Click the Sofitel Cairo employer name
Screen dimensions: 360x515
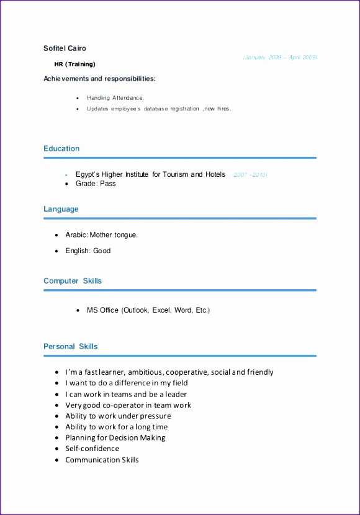coord(65,48)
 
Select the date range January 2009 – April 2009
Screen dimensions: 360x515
coord(280,57)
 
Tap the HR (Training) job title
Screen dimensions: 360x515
coord(74,64)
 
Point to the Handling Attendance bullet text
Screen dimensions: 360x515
coord(115,98)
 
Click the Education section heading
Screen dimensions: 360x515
coord(61,149)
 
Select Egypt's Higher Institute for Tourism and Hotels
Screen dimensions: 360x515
coord(150,175)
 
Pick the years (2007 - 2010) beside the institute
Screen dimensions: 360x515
coord(250,176)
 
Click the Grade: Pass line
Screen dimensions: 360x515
coord(96,184)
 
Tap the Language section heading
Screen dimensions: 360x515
coord(61,209)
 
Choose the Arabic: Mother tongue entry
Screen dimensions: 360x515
coord(102,235)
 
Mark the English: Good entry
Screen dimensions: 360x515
coord(88,251)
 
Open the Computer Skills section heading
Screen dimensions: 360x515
coord(73,281)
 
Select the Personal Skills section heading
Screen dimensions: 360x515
coord(70,346)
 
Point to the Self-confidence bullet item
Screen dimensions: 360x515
coord(92,449)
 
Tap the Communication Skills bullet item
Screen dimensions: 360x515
coord(102,460)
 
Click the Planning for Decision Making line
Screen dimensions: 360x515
coord(115,438)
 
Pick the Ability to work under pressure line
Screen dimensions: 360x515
coord(118,416)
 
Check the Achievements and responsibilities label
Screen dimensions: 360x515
coord(99,79)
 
